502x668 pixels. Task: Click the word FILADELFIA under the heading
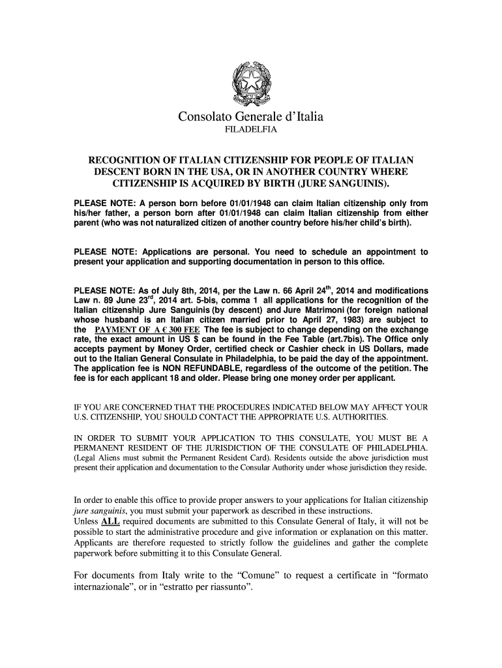click(251, 131)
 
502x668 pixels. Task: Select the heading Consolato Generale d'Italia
click(251, 117)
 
